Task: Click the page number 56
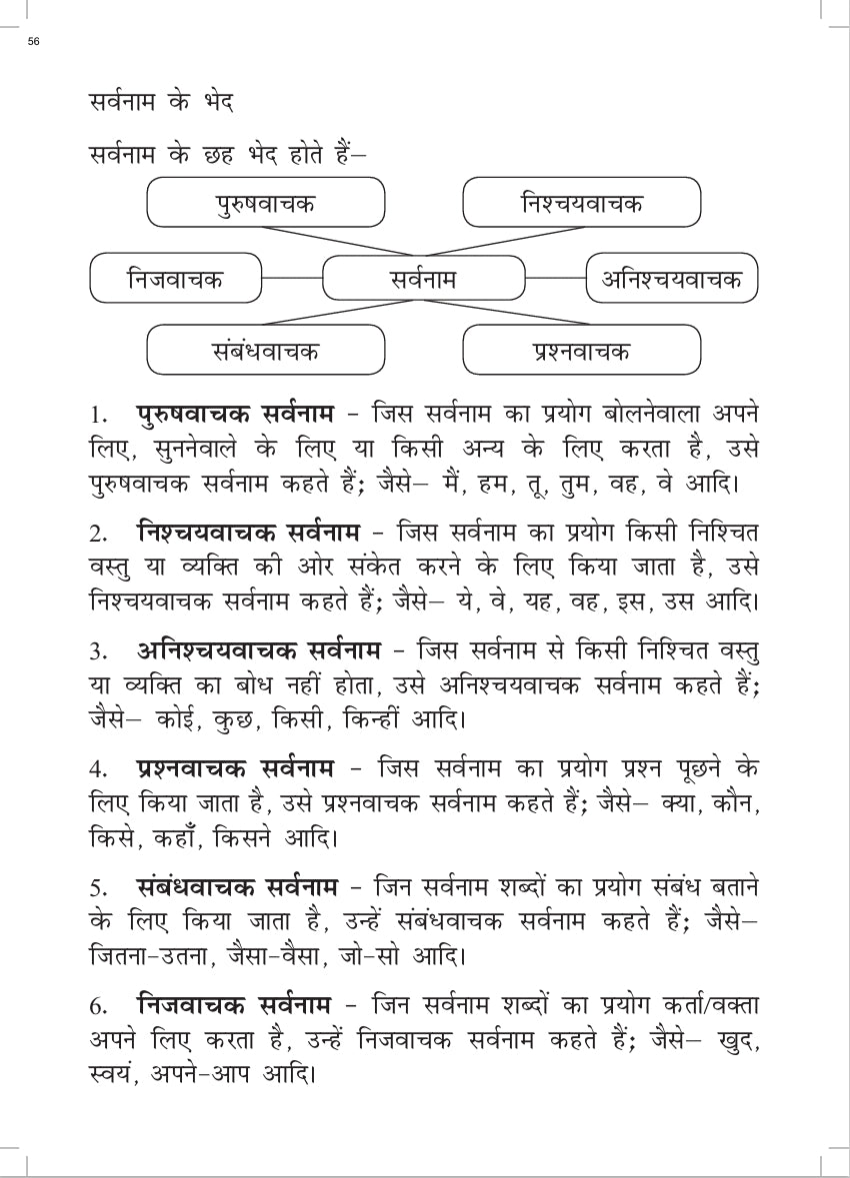34,41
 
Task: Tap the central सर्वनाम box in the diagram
424,278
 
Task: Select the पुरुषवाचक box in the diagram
266,203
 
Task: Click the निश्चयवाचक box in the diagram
582,203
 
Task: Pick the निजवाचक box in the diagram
176,278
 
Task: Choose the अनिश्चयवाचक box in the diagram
672,278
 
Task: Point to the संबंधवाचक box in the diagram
266,351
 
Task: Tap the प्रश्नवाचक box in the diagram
582,351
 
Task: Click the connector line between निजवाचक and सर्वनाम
292,278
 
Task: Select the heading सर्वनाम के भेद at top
161,102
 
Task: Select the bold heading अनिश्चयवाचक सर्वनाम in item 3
257,651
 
